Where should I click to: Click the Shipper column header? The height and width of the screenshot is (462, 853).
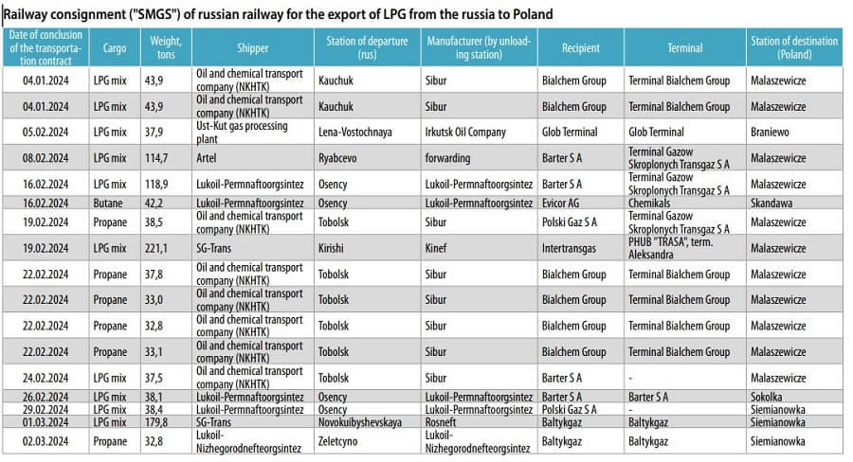click(253, 47)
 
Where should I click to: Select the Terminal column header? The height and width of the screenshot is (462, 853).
click(684, 47)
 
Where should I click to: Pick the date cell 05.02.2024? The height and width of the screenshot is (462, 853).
click(46, 132)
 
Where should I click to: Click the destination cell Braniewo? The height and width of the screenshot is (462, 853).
click(769, 132)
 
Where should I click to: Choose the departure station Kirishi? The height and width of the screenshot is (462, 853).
click(335, 248)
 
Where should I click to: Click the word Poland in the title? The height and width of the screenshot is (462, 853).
click(534, 15)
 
